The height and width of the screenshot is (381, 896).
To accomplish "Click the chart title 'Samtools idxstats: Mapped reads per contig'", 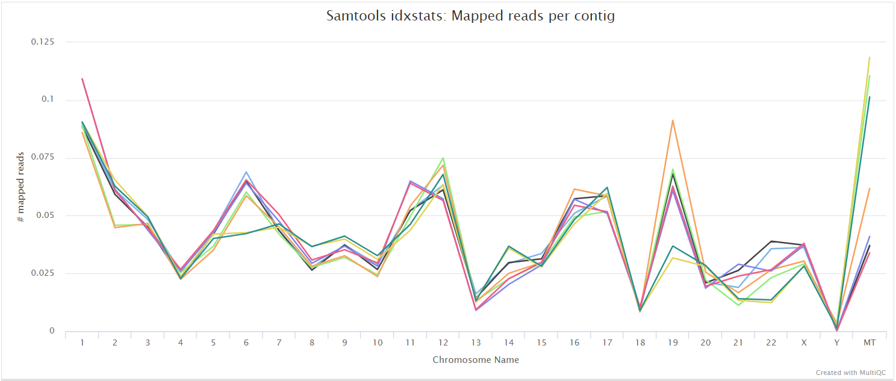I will click(x=470, y=16).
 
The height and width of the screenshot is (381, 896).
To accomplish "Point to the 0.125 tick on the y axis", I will click(x=42, y=42).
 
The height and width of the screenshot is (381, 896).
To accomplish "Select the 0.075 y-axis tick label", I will click(x=42, y=157).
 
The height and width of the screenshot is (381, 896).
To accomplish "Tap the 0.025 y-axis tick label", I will click(x=42, y=273).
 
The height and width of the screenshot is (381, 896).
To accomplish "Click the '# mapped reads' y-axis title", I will click(x=20, y=187).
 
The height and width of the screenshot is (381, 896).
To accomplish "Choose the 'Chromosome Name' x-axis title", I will click(x=476, y=360).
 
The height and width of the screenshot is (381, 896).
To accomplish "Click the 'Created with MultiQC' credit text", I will click(x=852, y=373).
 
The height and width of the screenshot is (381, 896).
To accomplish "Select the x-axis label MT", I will click(x=870, y=342).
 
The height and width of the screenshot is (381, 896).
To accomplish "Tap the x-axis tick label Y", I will click(x=837, y=342).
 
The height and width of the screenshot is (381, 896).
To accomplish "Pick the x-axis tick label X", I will click(x=804, y=342).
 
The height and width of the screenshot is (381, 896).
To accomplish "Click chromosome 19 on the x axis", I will click(x=673, y=342).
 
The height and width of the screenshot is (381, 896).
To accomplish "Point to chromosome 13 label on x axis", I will click(x=476, y=342).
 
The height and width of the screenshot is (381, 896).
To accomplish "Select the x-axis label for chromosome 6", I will click(x=246, y=342).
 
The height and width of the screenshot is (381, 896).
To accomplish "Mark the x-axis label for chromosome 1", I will click(x=82, y=342).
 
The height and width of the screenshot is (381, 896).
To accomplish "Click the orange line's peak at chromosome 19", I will click(x=673, y=120).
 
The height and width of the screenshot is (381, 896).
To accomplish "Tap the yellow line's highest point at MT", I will click(x=870, y=57).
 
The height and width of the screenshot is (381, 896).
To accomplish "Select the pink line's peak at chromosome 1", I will click(x=82, y=78).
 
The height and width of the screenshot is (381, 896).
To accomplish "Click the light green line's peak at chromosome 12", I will click(x=443, y=158).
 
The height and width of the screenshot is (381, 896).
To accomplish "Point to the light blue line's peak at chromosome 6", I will click(x=246, y=172).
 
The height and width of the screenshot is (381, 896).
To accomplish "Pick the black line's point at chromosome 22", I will click(x=771, y=241).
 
